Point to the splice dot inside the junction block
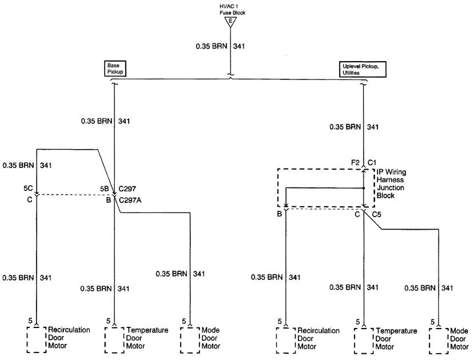[x=364, y=187]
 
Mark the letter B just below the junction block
[x=279, y=214]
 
